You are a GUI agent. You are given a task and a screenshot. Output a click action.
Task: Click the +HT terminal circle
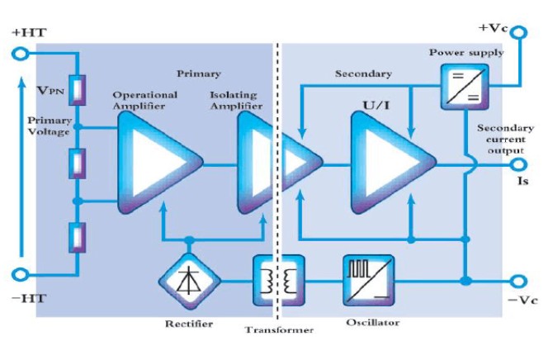tap(20, 54)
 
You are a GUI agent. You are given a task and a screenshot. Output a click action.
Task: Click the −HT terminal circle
tap(20, 274)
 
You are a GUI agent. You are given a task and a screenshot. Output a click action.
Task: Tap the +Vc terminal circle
tap(519, 32)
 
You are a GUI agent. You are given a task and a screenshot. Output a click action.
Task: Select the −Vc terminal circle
tap(519, 282)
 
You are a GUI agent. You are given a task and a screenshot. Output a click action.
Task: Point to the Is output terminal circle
tap(519, 164)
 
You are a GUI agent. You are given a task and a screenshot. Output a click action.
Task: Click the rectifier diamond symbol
tap(189, 282)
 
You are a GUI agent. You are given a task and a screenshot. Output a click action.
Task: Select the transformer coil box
tap(279, 281)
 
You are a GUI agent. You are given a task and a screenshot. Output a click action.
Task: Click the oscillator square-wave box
tap(369, 281)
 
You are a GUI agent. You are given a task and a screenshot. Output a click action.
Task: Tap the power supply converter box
tap(466, 87)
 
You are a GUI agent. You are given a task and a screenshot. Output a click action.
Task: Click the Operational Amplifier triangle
tap(159, 163)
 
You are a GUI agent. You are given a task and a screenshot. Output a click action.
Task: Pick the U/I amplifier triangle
tap(393, 163)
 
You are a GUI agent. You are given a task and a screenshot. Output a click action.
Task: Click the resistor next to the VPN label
tap(78, 90)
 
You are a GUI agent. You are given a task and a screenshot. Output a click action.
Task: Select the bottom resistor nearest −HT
tap(78, 238)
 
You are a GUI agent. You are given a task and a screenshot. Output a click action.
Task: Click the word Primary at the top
tap(199, 74)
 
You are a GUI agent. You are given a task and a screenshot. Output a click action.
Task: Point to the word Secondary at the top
tap(363, 73)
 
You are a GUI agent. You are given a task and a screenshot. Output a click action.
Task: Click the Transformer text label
tap(279, 330)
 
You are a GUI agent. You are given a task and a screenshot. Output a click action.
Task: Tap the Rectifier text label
tap(189, 324)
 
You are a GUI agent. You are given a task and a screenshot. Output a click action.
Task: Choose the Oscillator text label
tap(373, 322)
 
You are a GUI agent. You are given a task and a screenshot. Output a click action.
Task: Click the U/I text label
tap(376, 105)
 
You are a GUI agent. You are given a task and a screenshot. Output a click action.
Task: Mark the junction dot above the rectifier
tap(189, 240)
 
